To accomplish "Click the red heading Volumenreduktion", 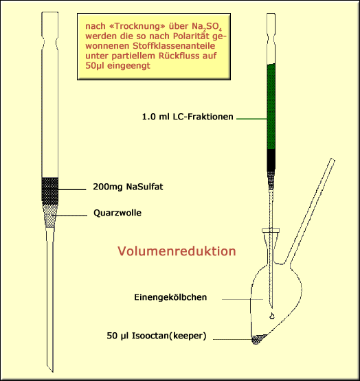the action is [x=177, y=251].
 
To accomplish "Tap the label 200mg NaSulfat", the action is [x=128, y=187].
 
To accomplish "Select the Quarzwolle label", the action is [x=117, y=213].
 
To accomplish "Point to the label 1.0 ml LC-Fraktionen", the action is [x=188, y=117].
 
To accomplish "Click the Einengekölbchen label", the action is [x=170, y=297].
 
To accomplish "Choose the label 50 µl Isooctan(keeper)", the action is [x=157, y=336].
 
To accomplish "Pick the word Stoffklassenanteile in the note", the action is [x=174, y=46].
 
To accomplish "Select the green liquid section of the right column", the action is [x=271, y=106].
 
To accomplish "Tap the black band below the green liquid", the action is [x=271, y=161].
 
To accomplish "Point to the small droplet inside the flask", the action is [x=272, y=316].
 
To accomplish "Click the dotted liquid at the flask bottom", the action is [x=258, y=339].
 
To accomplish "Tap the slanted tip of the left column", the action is [x=50, y=368].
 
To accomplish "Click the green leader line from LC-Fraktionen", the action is [x=251, y=119].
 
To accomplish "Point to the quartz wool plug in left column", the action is [x=50, y=216].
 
